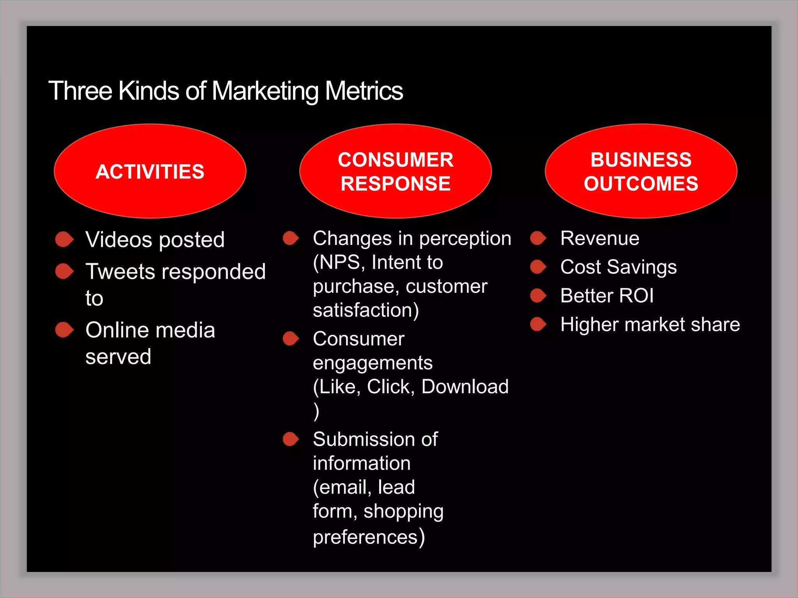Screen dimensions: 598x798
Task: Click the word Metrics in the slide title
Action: (x=364, y=91)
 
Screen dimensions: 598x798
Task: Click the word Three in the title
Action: (x=80, y=91)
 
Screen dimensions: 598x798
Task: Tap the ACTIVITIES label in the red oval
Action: (x=150, y=172)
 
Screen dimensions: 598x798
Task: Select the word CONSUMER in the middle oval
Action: (x=395, y=160)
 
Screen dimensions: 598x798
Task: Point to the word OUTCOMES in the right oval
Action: (x=641, y=184)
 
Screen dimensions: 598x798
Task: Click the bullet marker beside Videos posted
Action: (x=64, y=239)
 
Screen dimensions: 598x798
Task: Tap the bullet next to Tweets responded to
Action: (x=64, y=271)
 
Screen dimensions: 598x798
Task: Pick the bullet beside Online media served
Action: (x=64, y=330)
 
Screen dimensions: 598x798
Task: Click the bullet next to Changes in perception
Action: (x=291, y=238)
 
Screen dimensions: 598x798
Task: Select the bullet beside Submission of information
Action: (x=291, y=439)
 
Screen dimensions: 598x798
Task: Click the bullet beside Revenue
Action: (x=538, y=238)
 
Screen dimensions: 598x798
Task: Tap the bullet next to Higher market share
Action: (x=538, y=324)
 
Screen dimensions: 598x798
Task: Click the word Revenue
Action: (x=600, y=238)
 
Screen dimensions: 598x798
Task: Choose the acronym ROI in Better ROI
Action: (x=636, y=295)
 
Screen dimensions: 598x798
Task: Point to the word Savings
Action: (x=642, y=267)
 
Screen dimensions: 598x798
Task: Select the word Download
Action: (x=465, y=387)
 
